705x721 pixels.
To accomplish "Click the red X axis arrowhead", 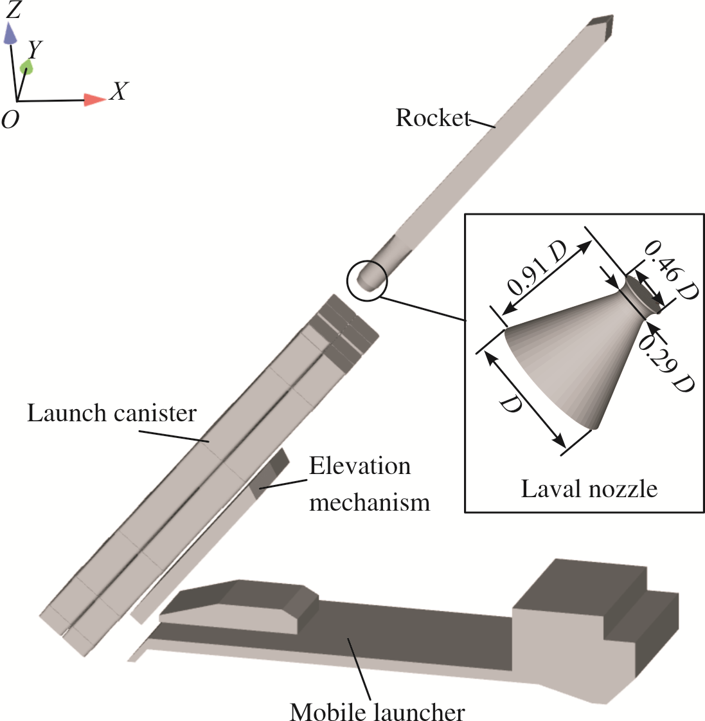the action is click(94, 100).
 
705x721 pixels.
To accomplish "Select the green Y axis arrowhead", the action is click(27, 67).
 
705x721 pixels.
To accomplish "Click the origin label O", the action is click(10, 120).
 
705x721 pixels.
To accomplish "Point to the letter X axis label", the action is click(119, 91).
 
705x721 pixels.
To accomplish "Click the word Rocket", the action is click(433, 118).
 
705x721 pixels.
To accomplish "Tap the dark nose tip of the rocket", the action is click(602, 26).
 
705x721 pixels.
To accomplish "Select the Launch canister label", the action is click(112, 413).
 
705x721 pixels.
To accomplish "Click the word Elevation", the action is click(360, 466).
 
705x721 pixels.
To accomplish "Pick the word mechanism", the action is click(370, 502).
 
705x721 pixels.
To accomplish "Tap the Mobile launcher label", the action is click(377, 711).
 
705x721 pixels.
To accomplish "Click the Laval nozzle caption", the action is click(589, 488).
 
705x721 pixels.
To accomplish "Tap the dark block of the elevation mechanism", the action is click(269, 474).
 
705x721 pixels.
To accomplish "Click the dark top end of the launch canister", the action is click(344, 329).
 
